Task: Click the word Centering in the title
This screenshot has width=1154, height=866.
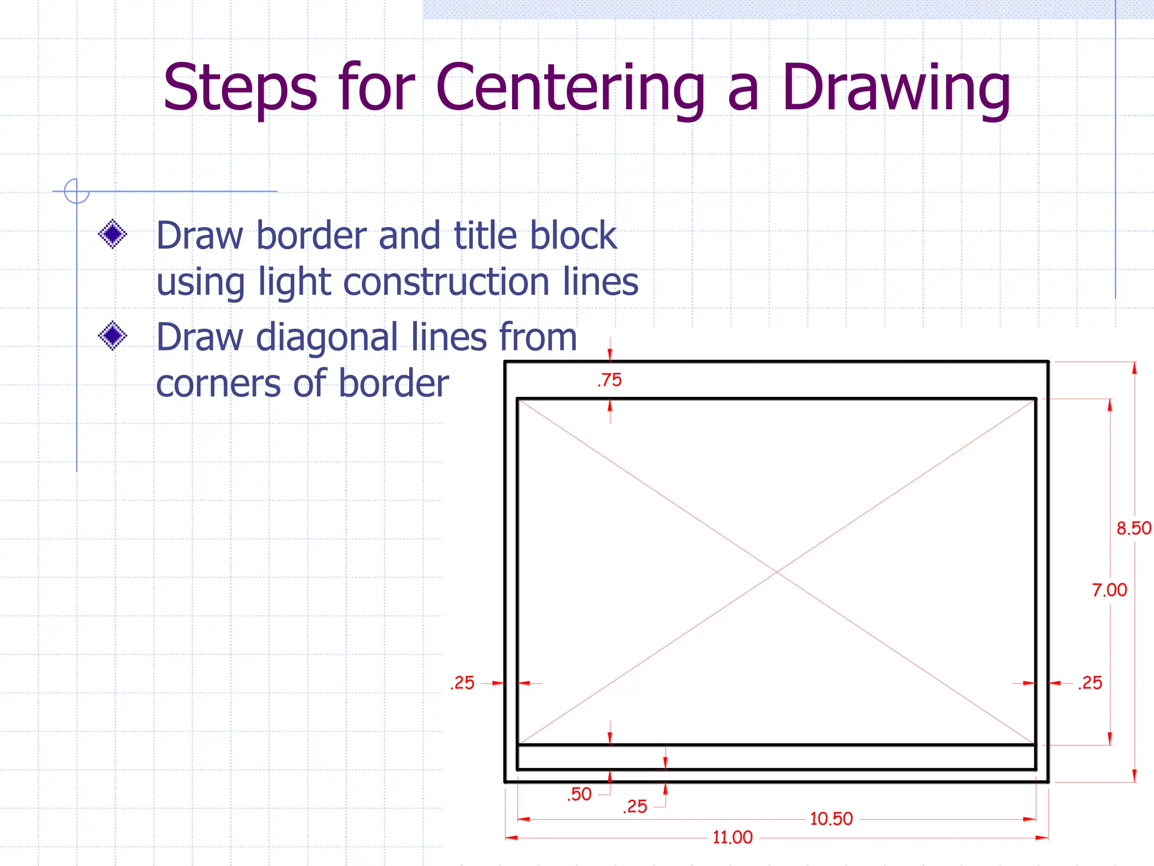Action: pos(570,89)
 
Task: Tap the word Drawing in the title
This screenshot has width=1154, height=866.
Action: pos(896,89)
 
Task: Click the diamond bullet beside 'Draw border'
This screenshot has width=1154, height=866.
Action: pos(113,233)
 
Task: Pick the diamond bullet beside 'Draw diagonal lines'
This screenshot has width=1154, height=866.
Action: pos(113,335)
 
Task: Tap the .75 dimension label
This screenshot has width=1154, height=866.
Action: pos(610,380)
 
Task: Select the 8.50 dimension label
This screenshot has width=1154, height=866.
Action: pos(1134,528)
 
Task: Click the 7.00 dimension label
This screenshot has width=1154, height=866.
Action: pos(1109,590)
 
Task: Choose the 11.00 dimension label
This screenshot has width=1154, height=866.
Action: pos(733,837)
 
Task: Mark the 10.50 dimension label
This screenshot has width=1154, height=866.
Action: pos(831,819)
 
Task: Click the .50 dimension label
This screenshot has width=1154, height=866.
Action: pos(579,794)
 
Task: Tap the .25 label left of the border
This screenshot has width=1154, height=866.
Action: pos(463,683)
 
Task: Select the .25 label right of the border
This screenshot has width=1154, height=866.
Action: pos(1090,683)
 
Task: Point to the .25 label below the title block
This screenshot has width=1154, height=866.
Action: pos(635,807)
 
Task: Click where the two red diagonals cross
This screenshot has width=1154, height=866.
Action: pos(776,572)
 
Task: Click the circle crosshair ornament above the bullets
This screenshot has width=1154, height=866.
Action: pos(77,191)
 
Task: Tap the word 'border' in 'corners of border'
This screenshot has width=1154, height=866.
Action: pos(394,384)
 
